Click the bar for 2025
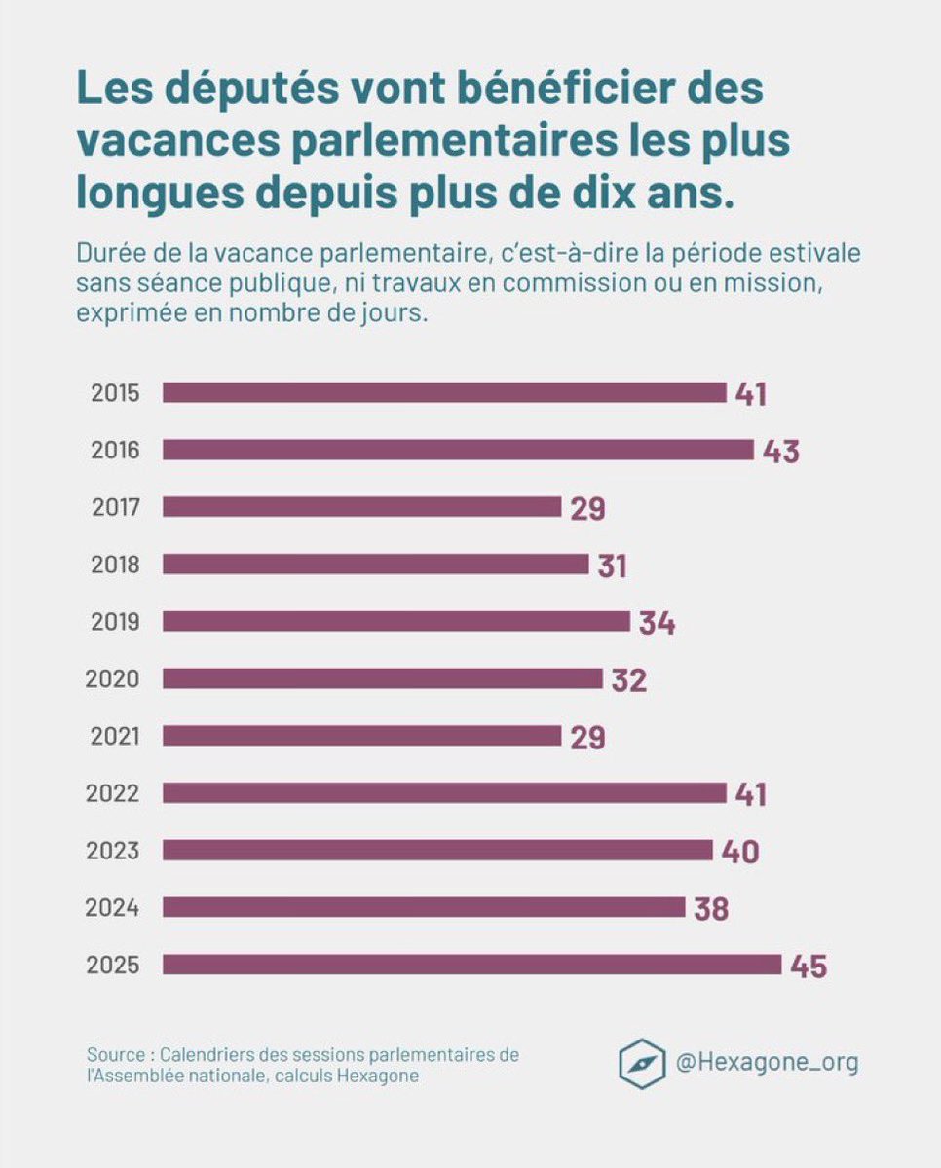[471, 965]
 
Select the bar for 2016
[458, 450]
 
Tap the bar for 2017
[361, 507]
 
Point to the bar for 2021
[361, 736]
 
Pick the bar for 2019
[395, 621]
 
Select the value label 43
[781, 452]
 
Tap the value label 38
[711, 909]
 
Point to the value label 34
[658, 623]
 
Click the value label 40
[740, 852]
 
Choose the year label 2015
[115, 393]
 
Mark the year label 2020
[114, 679]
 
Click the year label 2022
[114, 794]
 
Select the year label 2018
[115, 565]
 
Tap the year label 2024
[114, 908]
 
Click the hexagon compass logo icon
[642, 1064]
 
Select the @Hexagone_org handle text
[768, 1062]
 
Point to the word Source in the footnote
[115, 1055]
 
